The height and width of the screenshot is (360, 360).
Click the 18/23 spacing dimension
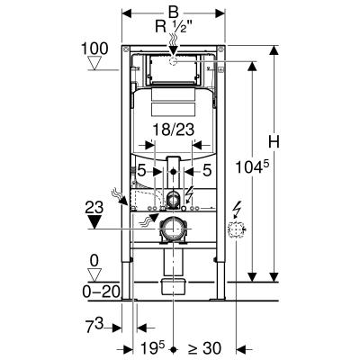click(172, 130)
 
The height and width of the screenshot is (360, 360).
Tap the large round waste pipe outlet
click(173, 231)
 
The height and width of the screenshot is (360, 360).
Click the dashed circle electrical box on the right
click(239, 231)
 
